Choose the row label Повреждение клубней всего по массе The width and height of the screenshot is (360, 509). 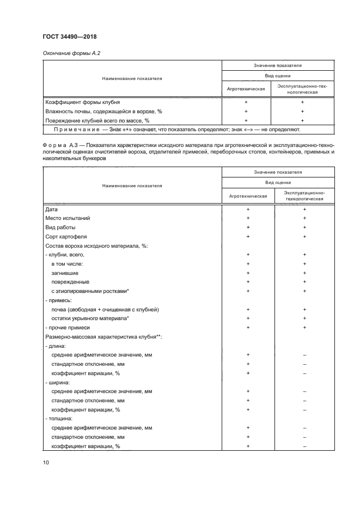(96, 120)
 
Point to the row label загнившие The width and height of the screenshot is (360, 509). (65, 273)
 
